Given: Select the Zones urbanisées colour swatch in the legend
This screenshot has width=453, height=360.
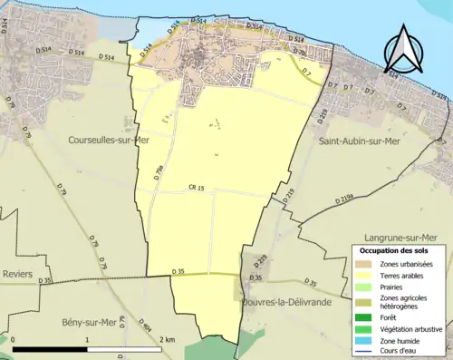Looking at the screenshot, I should pyautogui.click(x=364, y=263).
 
